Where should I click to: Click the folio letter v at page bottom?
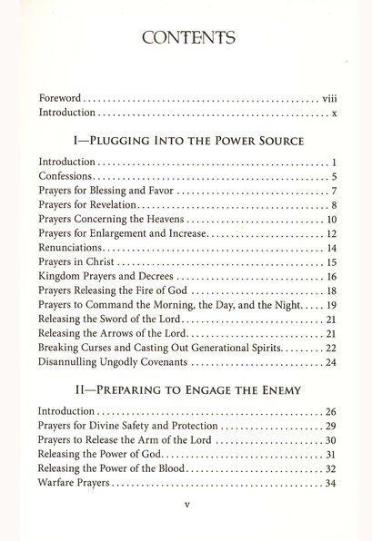click(186, 521)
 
